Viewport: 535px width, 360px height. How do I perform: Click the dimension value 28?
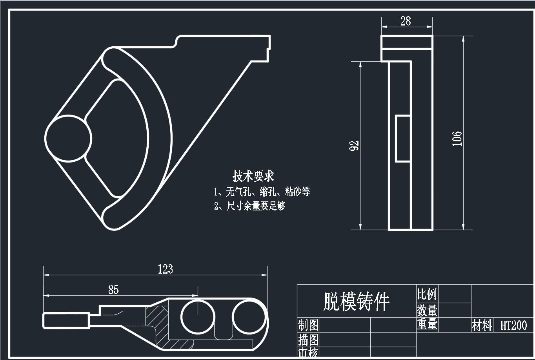click(406, 21)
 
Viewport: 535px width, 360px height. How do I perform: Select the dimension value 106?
click(457, 139)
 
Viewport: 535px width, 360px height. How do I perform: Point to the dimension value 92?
click(355, 145)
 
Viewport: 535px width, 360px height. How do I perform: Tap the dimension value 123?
click(165, 269)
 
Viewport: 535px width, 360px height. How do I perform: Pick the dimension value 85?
click(113, 290)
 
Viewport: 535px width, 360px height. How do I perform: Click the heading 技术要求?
click(253, 176)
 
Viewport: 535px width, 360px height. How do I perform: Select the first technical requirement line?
click(262, 192)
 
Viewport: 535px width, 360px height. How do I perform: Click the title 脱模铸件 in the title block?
click(356, 302)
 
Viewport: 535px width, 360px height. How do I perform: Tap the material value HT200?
click(513, 325)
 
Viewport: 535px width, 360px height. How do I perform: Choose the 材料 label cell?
click(482, 325)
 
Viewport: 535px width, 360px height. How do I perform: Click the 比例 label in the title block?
click(426, 294)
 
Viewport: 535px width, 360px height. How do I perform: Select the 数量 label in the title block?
click(427, 310)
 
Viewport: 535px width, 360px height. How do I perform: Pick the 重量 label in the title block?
click(427, 324)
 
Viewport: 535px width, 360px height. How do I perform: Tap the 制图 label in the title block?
click(308, 325)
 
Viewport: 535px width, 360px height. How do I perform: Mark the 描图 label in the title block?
click(308, 339)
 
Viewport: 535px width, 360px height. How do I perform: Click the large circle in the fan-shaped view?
click(68, 138)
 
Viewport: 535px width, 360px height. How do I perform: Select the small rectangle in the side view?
click(402, 139)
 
